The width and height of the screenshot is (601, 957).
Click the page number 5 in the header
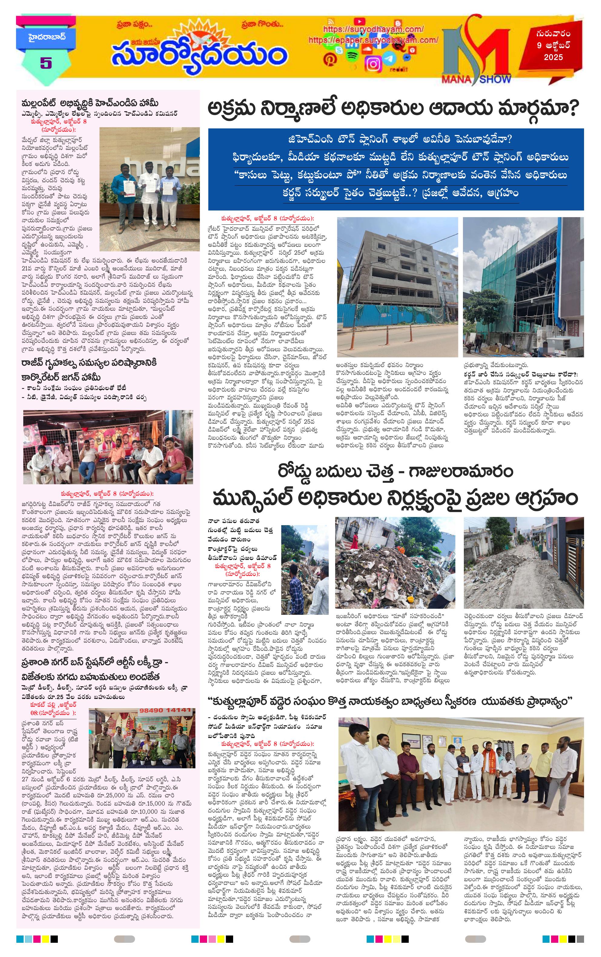(x=46, y=63)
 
